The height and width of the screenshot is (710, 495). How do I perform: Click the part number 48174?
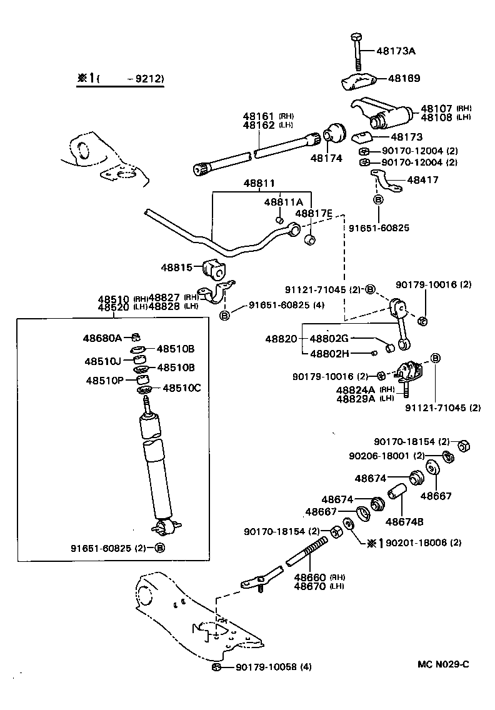coord(326,158)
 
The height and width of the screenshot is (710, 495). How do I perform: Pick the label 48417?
coord(422,179)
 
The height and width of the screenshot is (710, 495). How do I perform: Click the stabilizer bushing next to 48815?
coord(213,269)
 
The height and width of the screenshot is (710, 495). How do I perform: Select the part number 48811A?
coord(283,202)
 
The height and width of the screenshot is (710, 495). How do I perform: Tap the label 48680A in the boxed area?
coord(102,337)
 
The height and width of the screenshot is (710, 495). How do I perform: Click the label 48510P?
coord(104,380)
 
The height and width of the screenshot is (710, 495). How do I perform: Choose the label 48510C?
coord(182,387)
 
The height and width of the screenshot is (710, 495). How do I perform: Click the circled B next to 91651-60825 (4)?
coord(225,314)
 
